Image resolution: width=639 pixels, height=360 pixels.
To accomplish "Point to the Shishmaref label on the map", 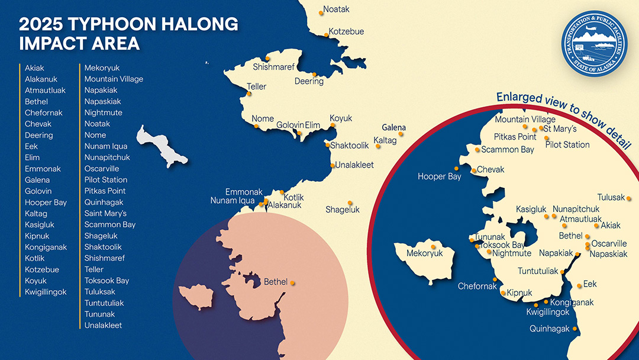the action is pyautogui.click(x=273, y=67).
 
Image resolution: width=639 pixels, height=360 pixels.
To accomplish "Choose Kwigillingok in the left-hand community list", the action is pyautogui.click(x=46, y=292).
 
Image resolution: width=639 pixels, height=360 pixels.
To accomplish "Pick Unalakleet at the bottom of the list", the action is pyautogui.click(x=103, y=325).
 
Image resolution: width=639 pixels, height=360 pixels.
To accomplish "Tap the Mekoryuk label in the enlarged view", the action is pyautogui.click(x=424, y=253).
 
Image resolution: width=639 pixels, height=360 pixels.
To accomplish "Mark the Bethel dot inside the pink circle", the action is pyautogui.click(x=292, y=282).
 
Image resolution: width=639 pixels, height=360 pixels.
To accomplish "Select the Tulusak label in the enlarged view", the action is pyautogui.click(x=611, y=198).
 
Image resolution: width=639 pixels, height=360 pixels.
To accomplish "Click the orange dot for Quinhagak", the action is pyautogui.click(x=575, y=329).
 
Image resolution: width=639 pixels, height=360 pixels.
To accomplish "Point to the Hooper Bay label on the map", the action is pyautogui.click(x=439, y=176).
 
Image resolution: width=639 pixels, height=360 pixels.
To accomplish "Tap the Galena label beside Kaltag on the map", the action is pyautogui.click(x=393, y=127).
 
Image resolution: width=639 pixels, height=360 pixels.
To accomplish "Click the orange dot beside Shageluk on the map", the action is pyautogui.click(x=350, y=202).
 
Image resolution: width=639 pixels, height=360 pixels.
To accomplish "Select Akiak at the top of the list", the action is pyautogui.click(x=34, y=68).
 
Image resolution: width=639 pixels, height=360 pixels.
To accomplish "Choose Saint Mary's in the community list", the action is pyautogui.click(x=105, y=213).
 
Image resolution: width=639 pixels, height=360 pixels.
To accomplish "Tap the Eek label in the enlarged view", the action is pyautogui.click(x=590, y=284).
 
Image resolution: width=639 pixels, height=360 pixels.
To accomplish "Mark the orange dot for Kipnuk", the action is pyautogui.click(x=503, y=292).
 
